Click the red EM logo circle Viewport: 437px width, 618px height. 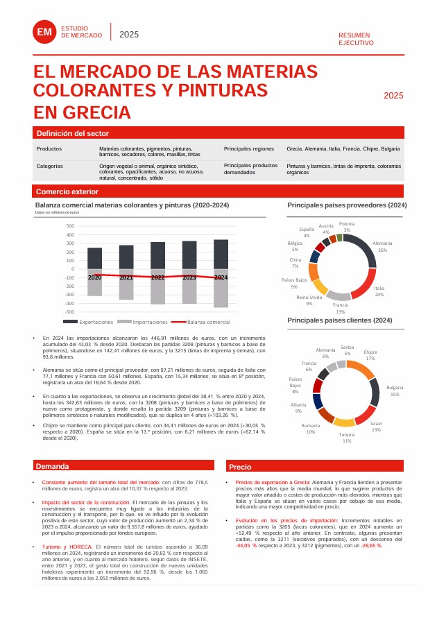click(x=45, y=32)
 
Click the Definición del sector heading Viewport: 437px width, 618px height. click(x=73, y=133)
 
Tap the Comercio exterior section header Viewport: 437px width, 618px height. click(x=67, y=191)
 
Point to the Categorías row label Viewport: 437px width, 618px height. click(x=50, y=166)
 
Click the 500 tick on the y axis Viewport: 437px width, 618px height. click(x=69, y=226)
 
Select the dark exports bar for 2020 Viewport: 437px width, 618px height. click(x=94, y=258)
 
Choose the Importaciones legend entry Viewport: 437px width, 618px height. click(x=144, y=323)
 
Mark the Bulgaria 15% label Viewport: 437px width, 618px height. click(x=395, y=390)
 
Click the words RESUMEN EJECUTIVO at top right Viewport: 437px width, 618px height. click(x=356, y=38)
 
